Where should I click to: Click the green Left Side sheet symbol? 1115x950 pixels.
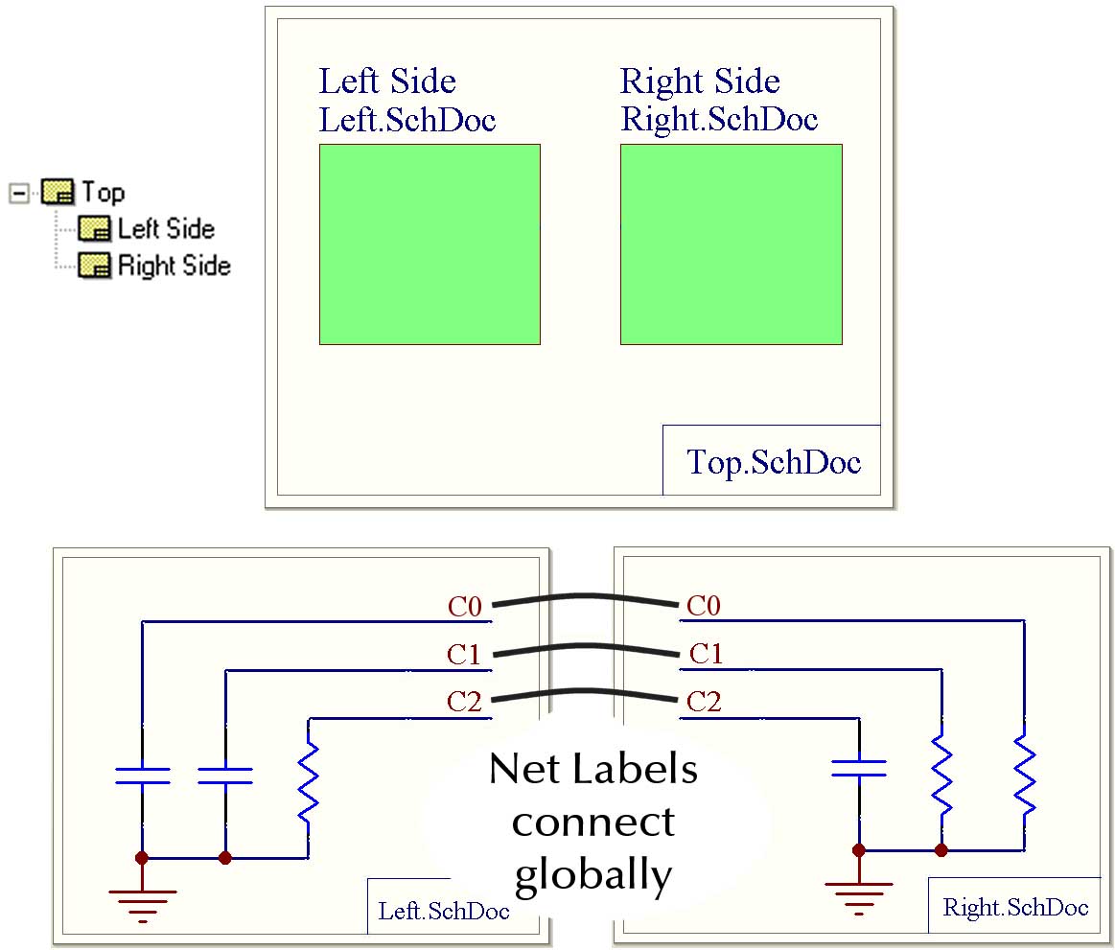(430, 243)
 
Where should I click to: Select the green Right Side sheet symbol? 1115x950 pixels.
(731, 243)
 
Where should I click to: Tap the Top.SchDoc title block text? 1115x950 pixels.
(774, 462)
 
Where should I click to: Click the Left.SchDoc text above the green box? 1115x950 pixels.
(407, 121)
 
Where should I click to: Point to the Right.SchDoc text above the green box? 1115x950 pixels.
(719, 120)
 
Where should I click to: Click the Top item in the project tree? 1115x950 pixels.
(103, 193)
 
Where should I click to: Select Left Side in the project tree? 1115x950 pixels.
(166, 229)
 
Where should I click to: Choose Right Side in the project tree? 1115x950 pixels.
(174, 266)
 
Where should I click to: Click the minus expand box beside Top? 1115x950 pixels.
(17, 193)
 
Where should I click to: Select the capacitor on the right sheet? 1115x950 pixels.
(859, 766)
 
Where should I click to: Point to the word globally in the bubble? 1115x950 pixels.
(592, 874)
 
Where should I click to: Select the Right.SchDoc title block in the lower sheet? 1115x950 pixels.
(1015, 907)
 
